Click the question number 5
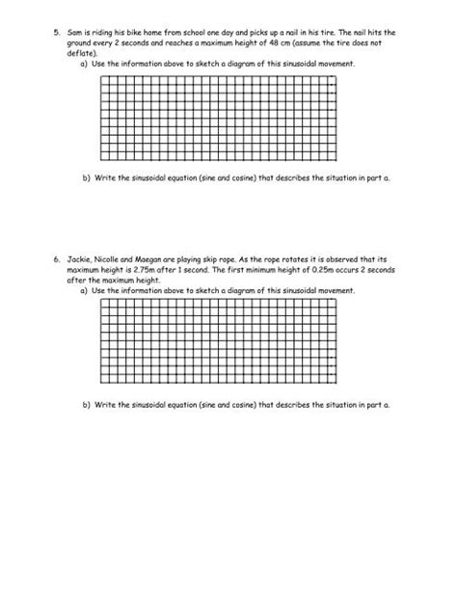pyautogui.click(x=55, y=33)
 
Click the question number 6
pyautogui.click(x=55, y=259)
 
